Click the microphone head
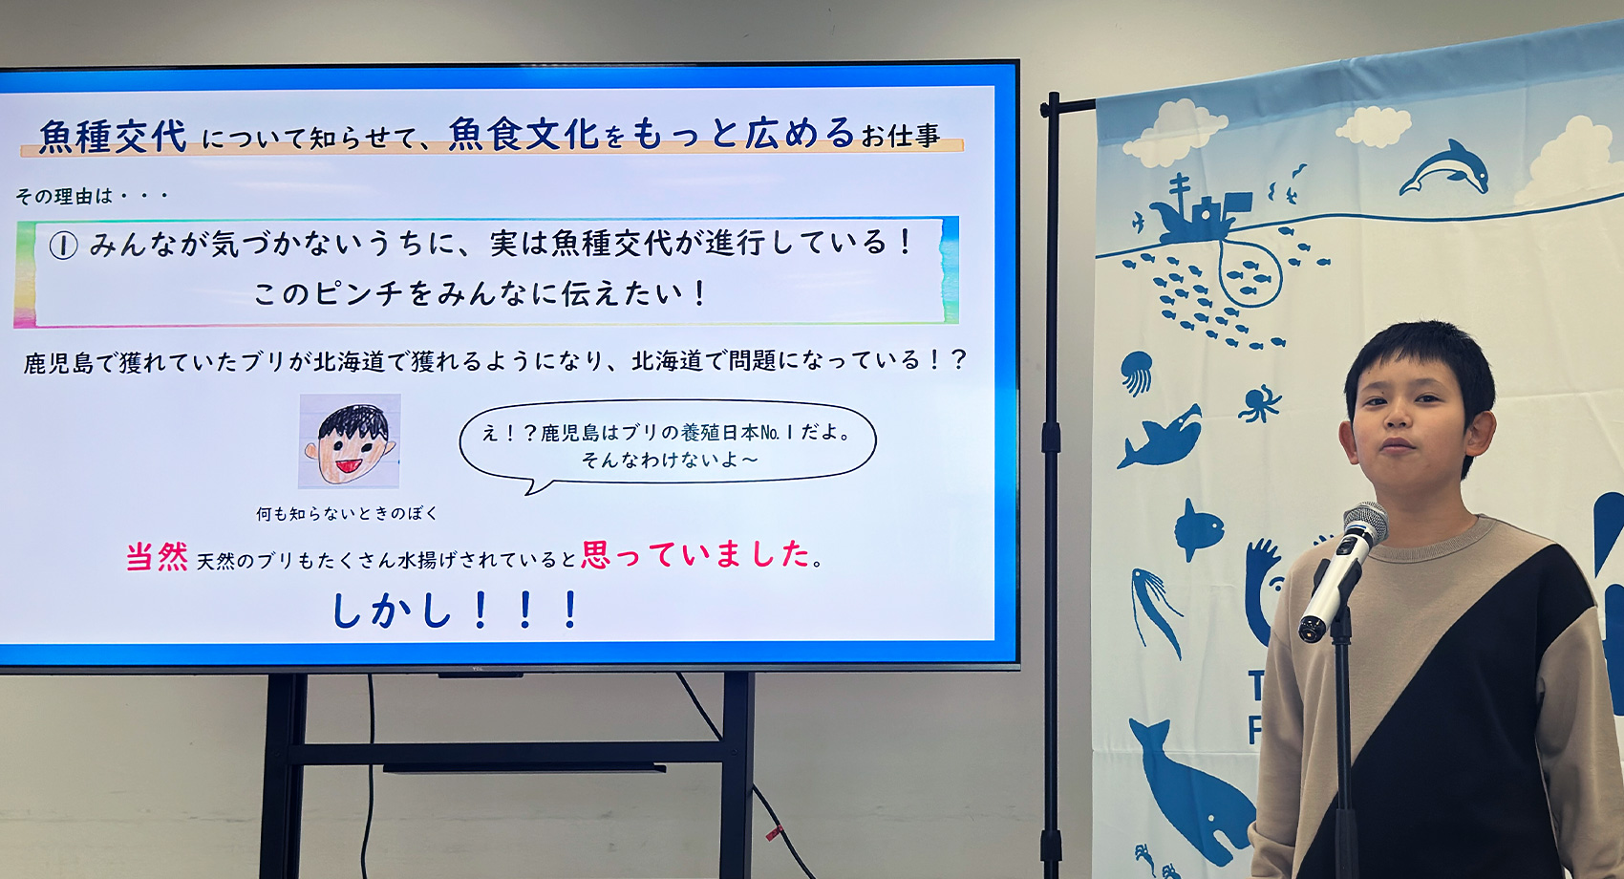1364,525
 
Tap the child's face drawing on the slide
350,441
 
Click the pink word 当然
157,557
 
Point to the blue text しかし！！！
455,611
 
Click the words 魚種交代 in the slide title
113,137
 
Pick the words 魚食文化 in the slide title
524,135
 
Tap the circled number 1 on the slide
63,247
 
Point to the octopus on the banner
1260,402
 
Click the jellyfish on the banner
1136,372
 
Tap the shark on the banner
1162,439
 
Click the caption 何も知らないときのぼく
347,514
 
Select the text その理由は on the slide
63,197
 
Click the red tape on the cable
773,832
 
